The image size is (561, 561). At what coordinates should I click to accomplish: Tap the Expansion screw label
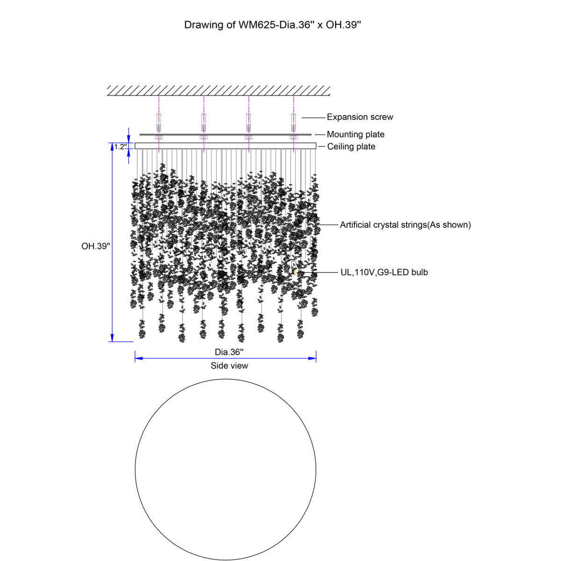[x=360, y=117]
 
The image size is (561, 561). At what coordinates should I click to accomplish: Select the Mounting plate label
[x=355, y=135]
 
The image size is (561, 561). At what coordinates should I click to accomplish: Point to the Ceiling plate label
[x=351, y=146]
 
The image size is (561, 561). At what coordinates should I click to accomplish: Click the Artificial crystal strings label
[x=405, y=225]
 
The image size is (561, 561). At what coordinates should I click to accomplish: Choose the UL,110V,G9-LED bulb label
[x=384, y=272]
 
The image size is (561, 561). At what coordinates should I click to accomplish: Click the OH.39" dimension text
[x=96, y=246]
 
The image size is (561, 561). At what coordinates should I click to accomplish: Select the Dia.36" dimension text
[x=229, y=352]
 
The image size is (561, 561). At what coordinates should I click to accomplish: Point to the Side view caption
[x=230, y=366]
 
